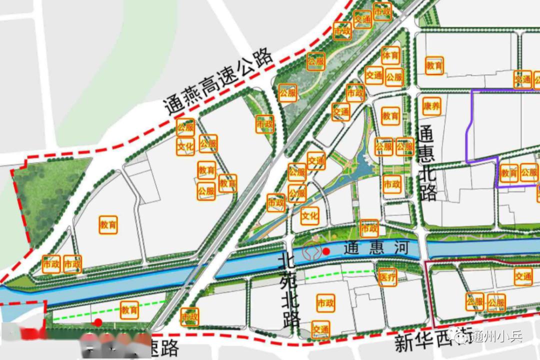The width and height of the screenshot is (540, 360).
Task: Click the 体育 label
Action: tap(390, 55)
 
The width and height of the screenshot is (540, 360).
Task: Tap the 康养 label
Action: tap(431, 106)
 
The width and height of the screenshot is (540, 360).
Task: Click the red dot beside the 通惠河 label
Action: tap(326, 251)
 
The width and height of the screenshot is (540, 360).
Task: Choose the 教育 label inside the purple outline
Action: tap(508, 173)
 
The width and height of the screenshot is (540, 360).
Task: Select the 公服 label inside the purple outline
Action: tap(529, 173)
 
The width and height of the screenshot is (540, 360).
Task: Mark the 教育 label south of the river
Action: tap(129, 310)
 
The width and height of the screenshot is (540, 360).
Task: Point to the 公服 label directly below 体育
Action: tap(394, 77)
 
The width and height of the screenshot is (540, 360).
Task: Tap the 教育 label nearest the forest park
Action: tap(108, 224)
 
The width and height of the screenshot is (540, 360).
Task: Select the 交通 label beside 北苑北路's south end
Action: tap(320, 329)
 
